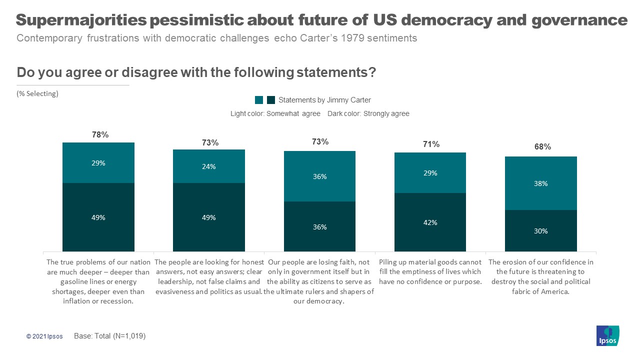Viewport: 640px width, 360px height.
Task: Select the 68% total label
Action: pos(542,146)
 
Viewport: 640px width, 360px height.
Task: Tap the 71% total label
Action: pos(431,144)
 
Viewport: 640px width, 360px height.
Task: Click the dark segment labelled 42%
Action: pos(430,222)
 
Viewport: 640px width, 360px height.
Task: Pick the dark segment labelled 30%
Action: pos(540,230)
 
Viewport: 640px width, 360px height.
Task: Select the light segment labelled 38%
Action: pos(540,183)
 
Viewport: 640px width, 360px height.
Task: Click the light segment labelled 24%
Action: pos(208,166)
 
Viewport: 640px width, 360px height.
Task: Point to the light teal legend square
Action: pos(259,100)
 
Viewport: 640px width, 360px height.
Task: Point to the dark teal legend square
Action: pos(271,100)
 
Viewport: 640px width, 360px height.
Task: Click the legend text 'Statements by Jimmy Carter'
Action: pos(324,100)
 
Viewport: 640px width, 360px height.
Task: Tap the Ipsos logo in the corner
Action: pos(607,335)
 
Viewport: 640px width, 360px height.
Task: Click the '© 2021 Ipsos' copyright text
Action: pos(44,336)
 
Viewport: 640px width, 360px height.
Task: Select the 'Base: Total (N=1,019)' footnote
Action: pos(109,336)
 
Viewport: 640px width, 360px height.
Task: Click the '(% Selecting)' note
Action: pos(37,93)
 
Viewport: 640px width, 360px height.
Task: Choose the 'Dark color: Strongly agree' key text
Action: pos(368,113)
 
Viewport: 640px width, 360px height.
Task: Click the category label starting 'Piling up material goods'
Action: pos(430,271)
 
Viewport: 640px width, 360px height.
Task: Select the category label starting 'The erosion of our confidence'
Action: pos(540,276)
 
